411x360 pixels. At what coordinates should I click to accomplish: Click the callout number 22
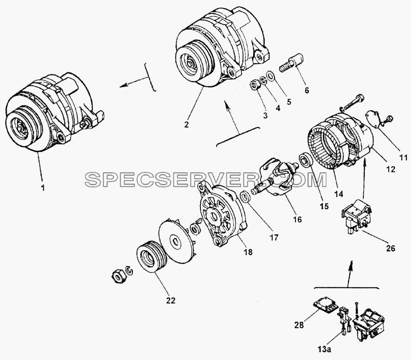pyautogui.click(x=171, y=301)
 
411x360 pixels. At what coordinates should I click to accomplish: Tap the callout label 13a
pyautogui.click(x=325, y=349)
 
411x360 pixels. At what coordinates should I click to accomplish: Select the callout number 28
pyautogui.click(x=299, y=325)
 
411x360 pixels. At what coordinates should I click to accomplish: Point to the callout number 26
pyautogui.click(x=390, y=248)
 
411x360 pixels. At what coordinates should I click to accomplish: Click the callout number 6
pyautogui.click(x=307, y=90)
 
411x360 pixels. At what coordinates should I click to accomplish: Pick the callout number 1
pyautogui.click(x=43, y=188)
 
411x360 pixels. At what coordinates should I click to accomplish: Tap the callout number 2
pyautogui.click(x=186, y=124)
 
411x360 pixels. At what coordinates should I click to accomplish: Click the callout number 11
pyautogui.click(x=403, y=157)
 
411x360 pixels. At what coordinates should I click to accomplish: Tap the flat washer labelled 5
pyautogui.click(x=270, y=75)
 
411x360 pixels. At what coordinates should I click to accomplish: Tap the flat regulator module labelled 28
pyautogui.click(x=326, y=307)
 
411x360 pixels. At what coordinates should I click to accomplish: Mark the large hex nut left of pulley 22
pyautogui.click(x=118, y=276)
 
